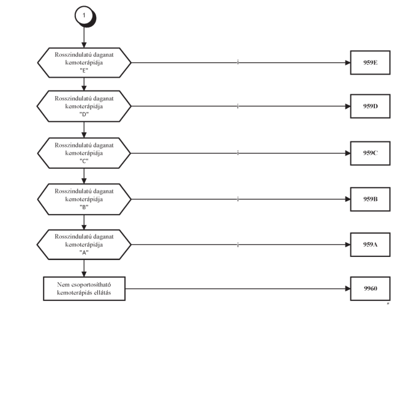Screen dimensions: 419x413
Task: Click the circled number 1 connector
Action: tap(85, 16)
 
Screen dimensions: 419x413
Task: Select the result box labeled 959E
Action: tap(370, 62)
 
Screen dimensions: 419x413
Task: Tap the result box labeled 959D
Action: tap(370, 106)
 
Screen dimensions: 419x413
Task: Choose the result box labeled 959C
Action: tap(370, 153)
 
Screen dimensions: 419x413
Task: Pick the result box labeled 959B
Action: tap(370, 199)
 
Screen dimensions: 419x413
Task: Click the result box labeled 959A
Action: tap(370, 245)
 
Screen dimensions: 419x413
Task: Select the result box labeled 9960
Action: tap(370, 289)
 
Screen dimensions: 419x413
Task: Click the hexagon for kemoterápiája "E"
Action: tap(84, 63)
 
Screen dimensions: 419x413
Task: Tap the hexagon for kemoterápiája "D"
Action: tap(84, 106)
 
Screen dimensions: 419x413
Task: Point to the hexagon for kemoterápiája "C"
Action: tap(84, 153)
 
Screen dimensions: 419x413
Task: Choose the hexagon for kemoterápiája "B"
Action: tap(84, 199)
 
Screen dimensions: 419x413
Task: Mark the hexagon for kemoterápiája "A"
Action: tap(84, 245)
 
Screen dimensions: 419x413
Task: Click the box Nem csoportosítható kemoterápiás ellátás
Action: tap(84, 289)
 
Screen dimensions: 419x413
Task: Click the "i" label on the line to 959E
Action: tap(238, 62)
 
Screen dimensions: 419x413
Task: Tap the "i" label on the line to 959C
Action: tap(238, 153)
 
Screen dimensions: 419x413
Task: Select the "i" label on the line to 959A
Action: tap(238, 245)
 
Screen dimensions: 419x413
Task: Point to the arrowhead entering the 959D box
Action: tap(348, 106)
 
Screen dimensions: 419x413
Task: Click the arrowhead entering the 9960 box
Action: tap(348, 289)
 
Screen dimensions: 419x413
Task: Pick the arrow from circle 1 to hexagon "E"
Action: tap(84, 37)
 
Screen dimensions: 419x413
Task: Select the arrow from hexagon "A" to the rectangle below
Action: tap(84, 268)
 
